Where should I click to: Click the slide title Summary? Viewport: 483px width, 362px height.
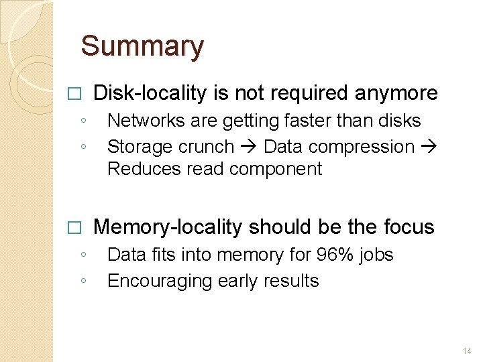pyautogui.click(x=142, y=47)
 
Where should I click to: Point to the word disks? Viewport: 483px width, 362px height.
pyautogui.click(x=400, y=121)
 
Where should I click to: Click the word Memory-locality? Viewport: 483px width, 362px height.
pyautogui.click(x=167, y=227)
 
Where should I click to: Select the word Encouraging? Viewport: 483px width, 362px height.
pyautogui.click(x=158, y=281)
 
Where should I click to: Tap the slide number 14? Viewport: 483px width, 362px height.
pyautogui.click(x=467, y=351)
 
